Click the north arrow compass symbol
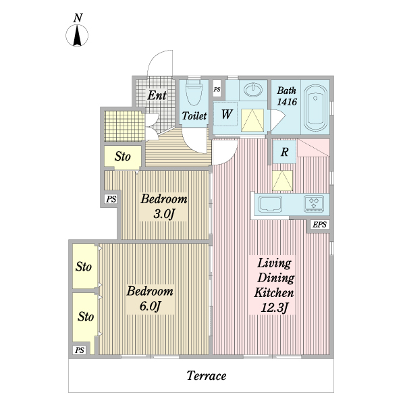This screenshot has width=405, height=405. coord(78,34)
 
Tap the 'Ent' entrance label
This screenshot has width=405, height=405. coord(157,95)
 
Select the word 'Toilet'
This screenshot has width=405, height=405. coord(194,116)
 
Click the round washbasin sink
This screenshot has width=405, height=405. coord(253,90)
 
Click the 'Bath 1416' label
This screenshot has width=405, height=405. coord(286,95)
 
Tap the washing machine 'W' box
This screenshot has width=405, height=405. coord(226,115)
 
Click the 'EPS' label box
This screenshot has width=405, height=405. coord(319,225)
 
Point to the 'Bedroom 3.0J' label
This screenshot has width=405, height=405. coord(163,207)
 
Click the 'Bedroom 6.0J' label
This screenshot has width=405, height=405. coord(151,298)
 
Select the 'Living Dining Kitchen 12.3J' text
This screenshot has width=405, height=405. coord(273,286)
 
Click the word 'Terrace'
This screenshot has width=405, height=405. coord(206,376)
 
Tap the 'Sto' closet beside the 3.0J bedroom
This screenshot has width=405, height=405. coord(122,157)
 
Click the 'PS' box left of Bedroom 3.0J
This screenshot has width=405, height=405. coord(111,199)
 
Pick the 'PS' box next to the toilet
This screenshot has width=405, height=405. coord(217,89)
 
